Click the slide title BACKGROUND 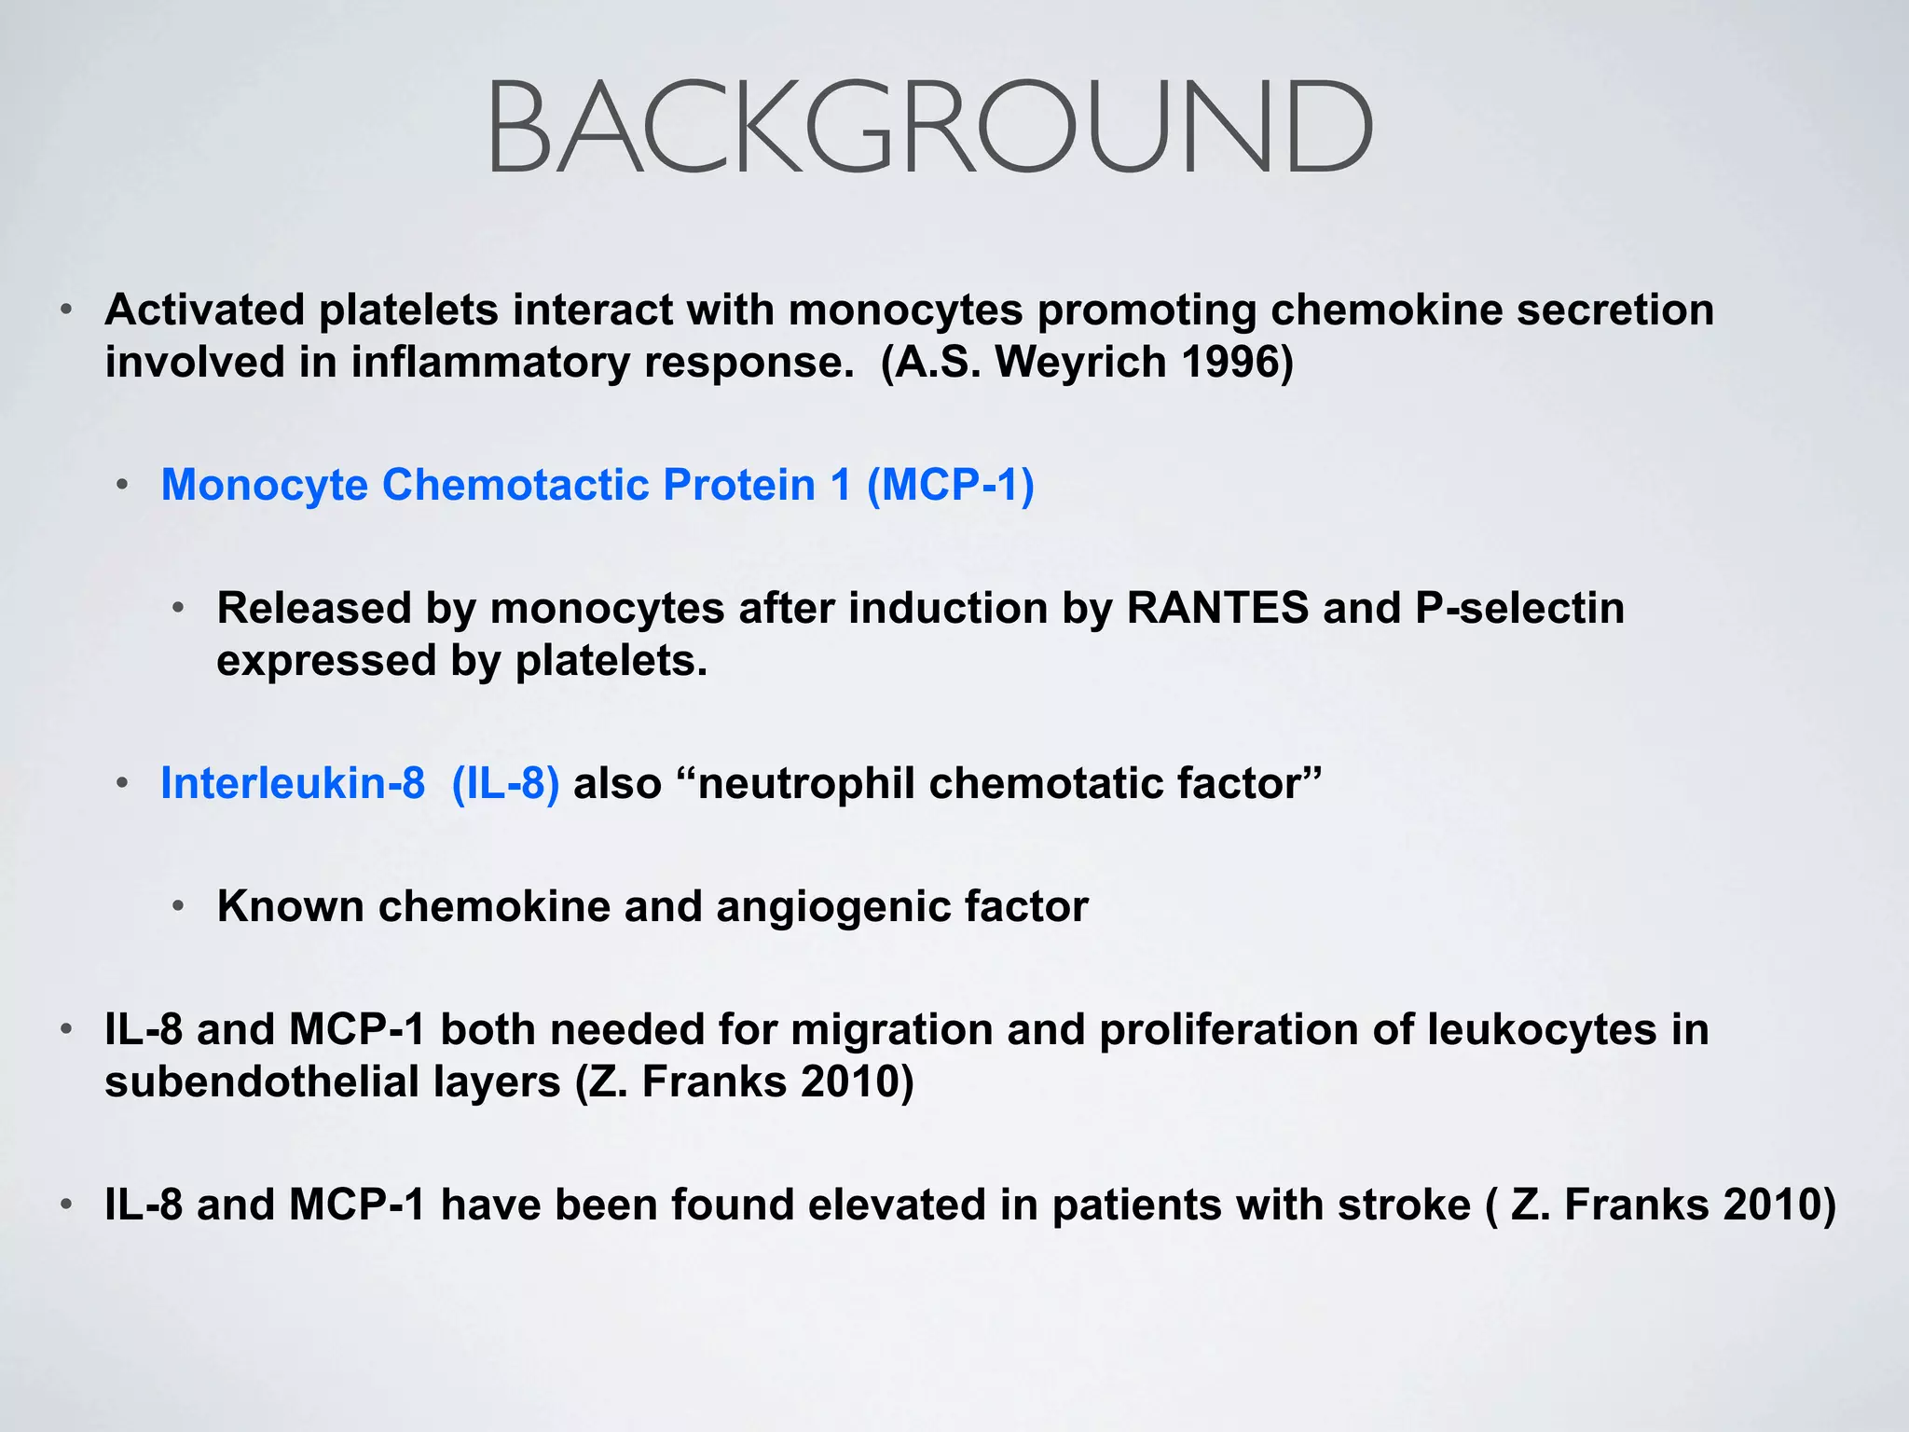929,129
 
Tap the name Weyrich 1081,362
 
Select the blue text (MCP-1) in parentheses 950,485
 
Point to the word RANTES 1217,608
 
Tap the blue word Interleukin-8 293,783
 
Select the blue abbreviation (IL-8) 505,783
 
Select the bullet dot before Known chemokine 179,905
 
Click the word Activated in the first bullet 204,310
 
